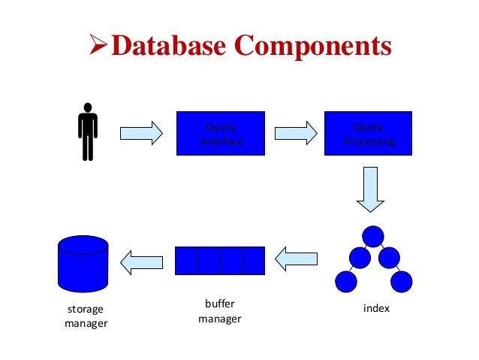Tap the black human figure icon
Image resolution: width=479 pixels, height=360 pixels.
(88, 132)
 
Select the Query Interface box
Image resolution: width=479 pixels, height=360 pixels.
(221, 134)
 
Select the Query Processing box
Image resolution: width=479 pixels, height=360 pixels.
(368, 134)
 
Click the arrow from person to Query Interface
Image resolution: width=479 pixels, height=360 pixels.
(141, 133)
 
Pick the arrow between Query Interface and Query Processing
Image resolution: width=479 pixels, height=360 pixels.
(294, 133)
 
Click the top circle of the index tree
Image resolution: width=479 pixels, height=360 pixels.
(372, 236)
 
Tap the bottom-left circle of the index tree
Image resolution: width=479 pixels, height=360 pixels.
(345, 282)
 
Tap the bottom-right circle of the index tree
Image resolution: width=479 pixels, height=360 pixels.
(402, 282)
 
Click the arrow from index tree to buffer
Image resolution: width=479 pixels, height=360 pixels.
(297, 260)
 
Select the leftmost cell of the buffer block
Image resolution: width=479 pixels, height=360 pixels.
(187, 260)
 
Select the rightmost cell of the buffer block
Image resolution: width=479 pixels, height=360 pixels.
(254, 260)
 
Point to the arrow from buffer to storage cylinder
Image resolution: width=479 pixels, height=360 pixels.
(141, 260)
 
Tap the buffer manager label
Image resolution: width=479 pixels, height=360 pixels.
(219, 312)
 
